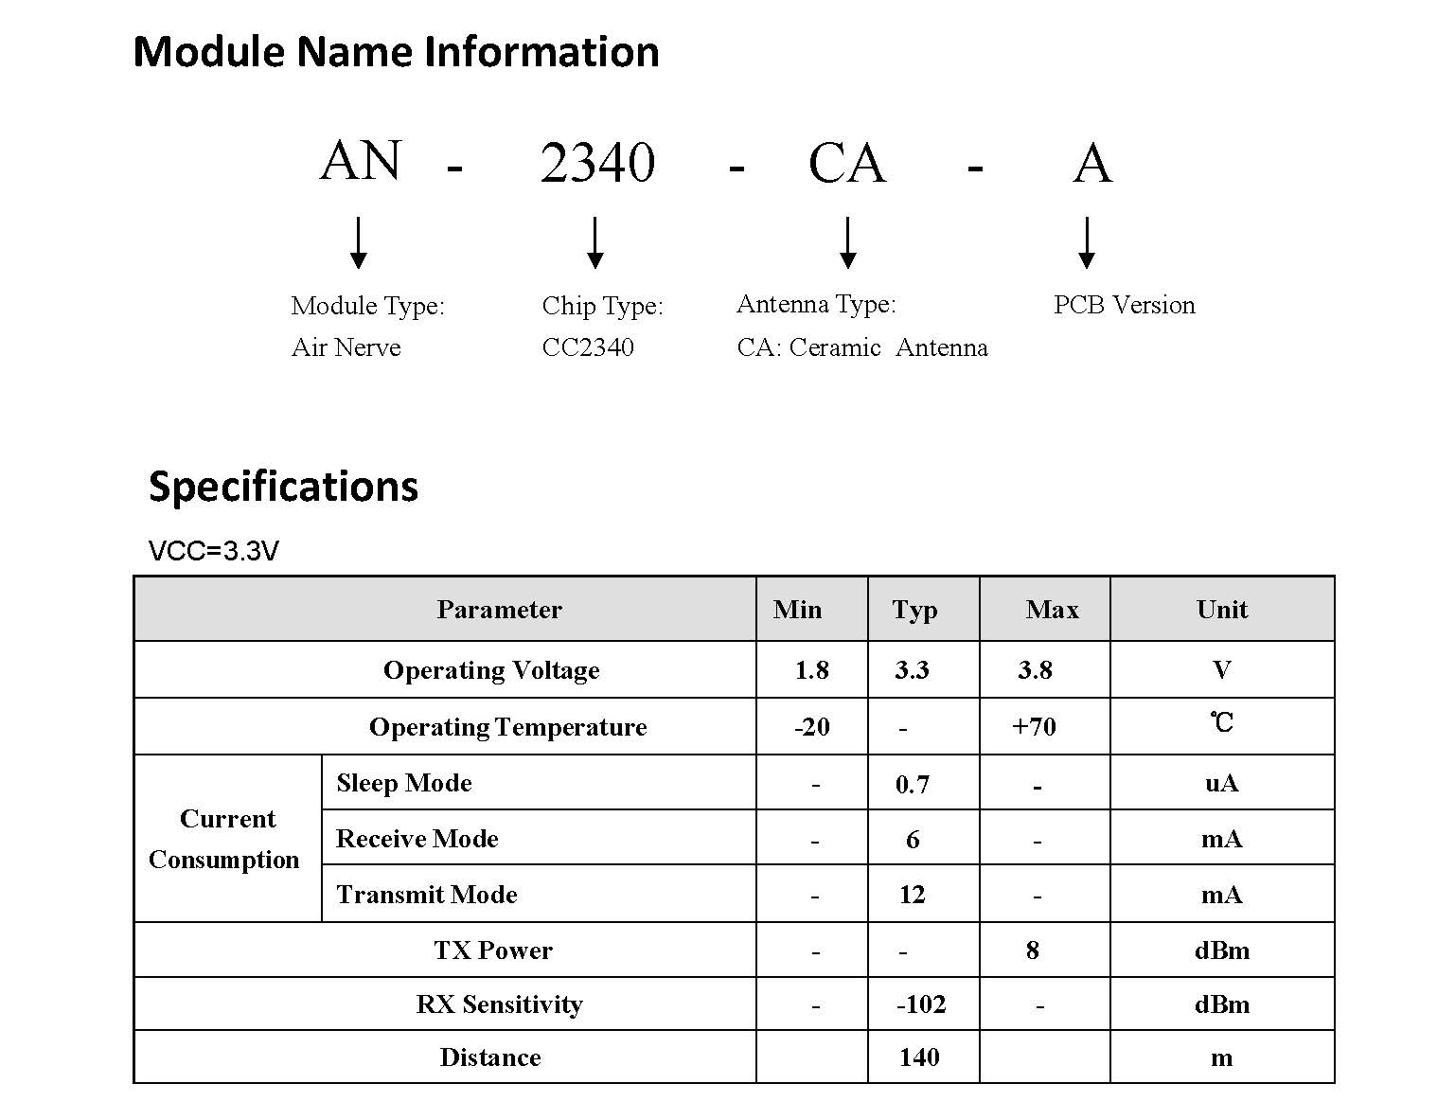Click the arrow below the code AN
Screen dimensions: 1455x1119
358,242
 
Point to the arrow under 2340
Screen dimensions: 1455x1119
594,242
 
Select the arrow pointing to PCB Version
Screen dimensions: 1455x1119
1086,242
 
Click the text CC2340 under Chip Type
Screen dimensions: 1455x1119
587,346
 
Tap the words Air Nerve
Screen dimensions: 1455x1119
346,346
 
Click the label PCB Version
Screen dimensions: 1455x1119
1124,305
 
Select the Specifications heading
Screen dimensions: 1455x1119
283,487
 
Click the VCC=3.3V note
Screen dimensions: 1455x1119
213,550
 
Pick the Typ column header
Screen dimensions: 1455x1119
914,610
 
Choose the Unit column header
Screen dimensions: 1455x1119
1221,609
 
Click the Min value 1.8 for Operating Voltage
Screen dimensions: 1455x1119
811,669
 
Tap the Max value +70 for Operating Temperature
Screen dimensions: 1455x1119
1034,726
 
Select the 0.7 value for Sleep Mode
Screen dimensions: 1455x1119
912,784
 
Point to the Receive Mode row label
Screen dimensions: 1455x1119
417,839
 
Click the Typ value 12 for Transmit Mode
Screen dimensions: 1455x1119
912,894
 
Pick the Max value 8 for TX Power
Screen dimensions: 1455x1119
1032,950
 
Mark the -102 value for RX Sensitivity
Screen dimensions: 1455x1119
921,1004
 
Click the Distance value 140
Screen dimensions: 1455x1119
918,1057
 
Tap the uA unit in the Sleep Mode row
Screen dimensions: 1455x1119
1221,783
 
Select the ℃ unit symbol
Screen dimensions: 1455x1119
1221,722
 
